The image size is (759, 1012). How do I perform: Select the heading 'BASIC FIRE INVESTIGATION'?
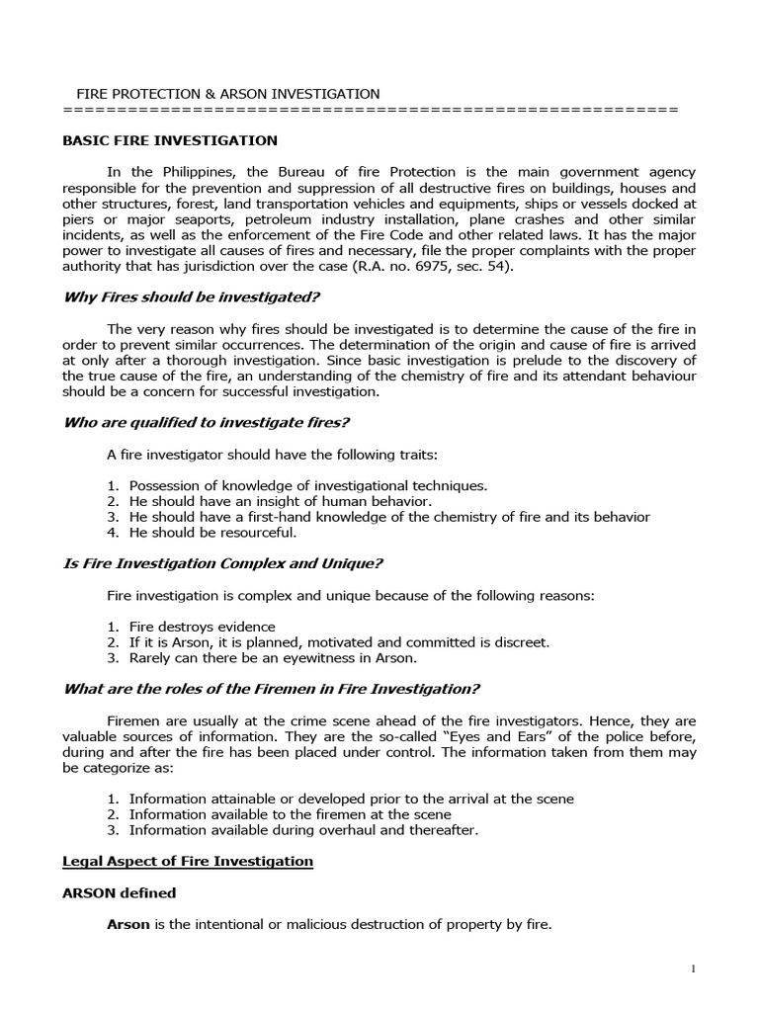(170, 141)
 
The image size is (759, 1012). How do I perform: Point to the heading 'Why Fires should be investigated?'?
(192, 297)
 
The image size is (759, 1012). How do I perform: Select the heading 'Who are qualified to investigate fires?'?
(207, 423)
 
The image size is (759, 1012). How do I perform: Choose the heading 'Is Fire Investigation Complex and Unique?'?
(222, 564)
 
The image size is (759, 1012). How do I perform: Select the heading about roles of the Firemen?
(271, 689)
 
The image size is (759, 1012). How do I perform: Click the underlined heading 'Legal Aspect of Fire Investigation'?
(188, 862)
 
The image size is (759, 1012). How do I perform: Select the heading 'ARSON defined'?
(120, 893)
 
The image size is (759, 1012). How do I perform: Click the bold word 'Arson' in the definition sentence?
(126, 925)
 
